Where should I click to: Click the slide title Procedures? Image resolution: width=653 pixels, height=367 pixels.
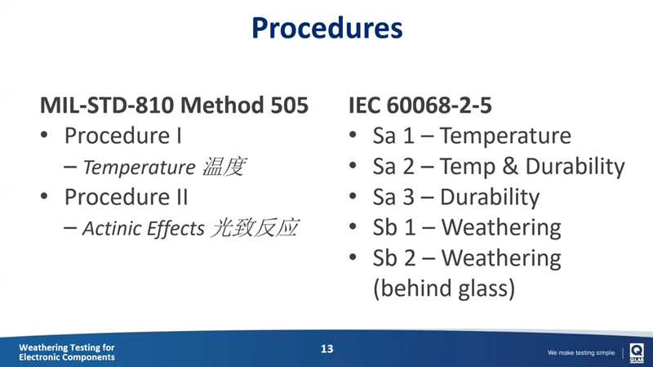tap(326, 28)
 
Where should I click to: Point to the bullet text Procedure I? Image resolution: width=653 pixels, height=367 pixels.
tap(122, 135)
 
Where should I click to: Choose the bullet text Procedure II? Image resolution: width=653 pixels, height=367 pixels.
tap(126, 197)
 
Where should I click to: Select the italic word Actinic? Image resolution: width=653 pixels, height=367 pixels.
tap(111, 229)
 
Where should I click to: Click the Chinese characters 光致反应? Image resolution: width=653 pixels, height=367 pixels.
tap(253, 228)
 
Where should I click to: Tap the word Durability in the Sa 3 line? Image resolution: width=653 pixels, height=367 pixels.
tap(490, 197)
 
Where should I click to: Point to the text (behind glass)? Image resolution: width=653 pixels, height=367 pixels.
tap(443, 289)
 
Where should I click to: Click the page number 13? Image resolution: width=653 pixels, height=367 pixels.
tap(326, 349)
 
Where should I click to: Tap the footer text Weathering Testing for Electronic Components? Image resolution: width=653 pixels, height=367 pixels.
tap(67, 352)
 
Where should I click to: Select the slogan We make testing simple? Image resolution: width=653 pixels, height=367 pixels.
tap(581, 353)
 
